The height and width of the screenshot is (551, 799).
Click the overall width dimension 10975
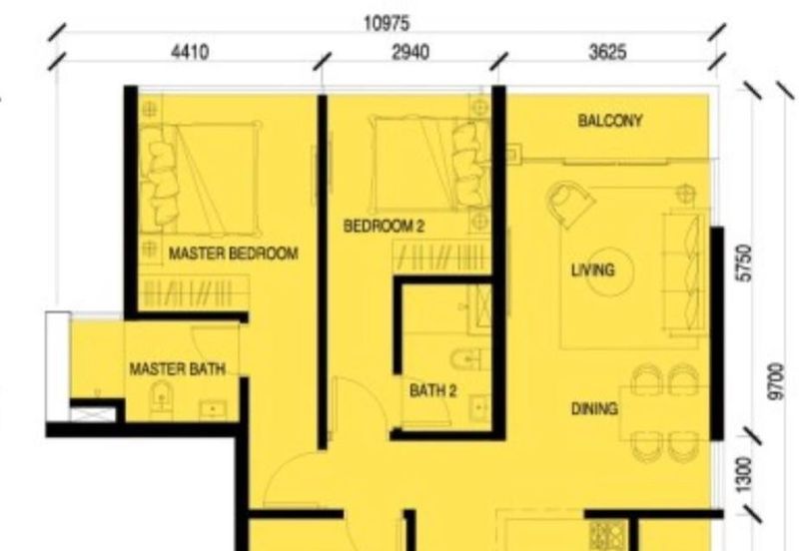387,23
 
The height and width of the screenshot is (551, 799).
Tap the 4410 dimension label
190,52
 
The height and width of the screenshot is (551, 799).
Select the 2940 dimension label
410,52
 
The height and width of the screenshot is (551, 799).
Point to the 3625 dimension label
607,52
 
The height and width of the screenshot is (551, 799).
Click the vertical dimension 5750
744,263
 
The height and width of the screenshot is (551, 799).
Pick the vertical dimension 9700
776,381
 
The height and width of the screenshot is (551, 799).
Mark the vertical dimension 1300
744,474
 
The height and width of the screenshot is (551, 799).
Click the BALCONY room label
610,121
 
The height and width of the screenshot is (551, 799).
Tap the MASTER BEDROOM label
234,254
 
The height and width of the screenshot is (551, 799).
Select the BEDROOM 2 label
384,226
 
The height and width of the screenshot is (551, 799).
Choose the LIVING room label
592,270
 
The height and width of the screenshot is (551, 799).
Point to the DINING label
594,408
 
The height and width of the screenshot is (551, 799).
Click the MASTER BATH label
178,368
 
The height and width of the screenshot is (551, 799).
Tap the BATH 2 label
433,390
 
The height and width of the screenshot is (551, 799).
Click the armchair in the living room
569,204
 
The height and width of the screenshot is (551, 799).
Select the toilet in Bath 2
466,359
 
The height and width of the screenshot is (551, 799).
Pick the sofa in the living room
685,273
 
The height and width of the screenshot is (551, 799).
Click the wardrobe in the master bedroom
194,292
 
